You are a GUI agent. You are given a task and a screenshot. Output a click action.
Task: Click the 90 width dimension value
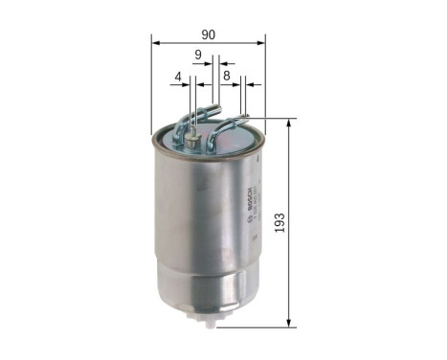[x=209, y=34]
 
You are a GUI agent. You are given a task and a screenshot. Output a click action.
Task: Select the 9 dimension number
[x=198, y=55]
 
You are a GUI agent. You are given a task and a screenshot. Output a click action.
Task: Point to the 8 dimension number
[x=227, y=74]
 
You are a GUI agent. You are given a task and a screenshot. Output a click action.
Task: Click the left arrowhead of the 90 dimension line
[x=156, y=44]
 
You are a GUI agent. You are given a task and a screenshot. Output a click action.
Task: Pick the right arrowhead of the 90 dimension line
[x=260, y=44]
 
